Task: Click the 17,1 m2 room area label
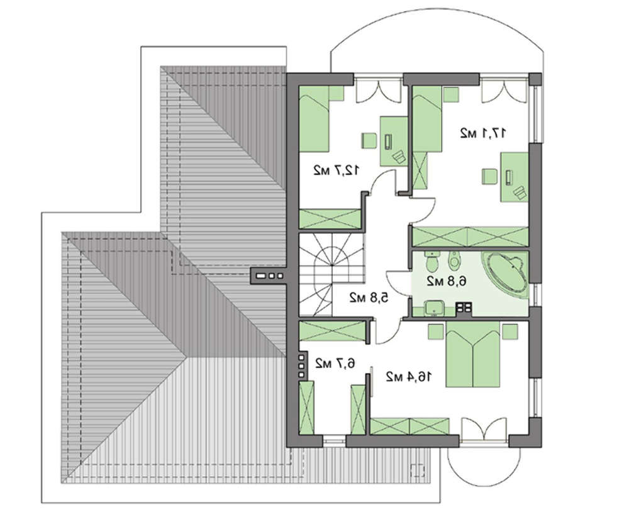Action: point(482,133)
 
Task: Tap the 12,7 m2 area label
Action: point(336,171)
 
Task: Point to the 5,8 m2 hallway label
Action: point(369,297)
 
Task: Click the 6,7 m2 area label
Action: point(335,364)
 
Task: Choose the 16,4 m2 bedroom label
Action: point(409,377)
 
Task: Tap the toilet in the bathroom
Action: point(431,262)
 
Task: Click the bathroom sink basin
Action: point(434,308)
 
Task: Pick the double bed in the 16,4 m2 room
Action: point(473,355)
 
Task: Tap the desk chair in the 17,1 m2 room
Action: point(489,177)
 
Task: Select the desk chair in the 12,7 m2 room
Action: point(369,141)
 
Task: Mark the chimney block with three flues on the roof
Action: point(269,276)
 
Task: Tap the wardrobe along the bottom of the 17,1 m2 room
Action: point(470,236)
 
